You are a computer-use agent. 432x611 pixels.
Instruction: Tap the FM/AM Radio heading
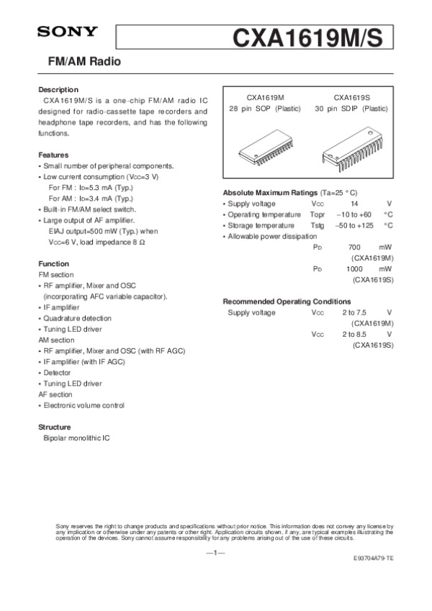(79, 63)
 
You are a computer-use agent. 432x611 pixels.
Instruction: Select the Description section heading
(58, 89)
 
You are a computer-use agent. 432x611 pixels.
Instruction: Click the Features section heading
(53, 155)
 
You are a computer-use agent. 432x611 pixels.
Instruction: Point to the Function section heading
(53, 264)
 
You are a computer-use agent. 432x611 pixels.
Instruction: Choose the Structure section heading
(55, 427)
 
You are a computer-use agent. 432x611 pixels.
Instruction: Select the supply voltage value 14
(354, 204)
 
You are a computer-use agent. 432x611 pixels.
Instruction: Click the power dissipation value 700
(354, 247)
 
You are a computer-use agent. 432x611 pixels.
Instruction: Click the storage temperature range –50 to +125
(354, 225)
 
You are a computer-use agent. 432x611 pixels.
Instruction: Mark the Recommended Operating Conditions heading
(287, 301)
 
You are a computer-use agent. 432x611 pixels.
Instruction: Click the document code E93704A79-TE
(373, 558)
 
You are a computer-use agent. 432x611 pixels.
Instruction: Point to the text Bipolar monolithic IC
(76, 438)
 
